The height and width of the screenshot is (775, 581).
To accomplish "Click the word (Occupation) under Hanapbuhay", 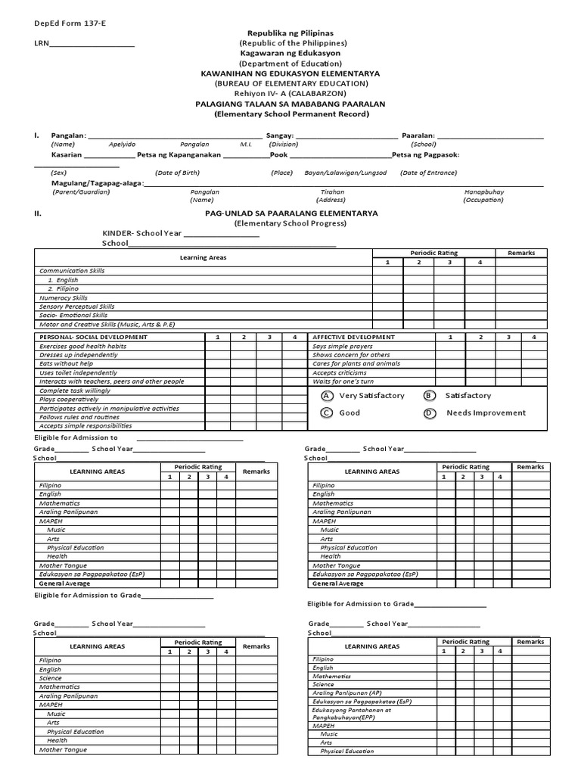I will [483, 200].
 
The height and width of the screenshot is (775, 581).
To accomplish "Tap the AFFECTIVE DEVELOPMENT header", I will [353, 337].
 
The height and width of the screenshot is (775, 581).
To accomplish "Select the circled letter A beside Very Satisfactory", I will [326, 396].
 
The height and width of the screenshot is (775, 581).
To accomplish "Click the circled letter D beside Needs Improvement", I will [430, 412].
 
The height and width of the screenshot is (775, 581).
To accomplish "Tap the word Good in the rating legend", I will [350, 412].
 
